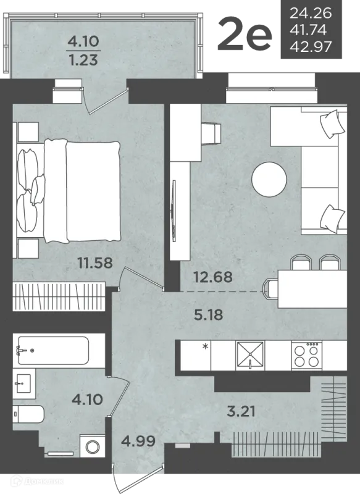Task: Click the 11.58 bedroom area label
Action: pyautogui.click(x=95, y=262)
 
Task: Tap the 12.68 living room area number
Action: pyautogui.click(x=213, y=277)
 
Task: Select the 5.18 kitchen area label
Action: pyautogui.click(x=209, y=315)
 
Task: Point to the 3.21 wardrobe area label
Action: pyautogui.click(x=241, y=411)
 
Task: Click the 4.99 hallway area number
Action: pyautogui.click(x=138, y=441)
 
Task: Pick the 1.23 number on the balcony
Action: pyautogui.click(x=83, y=60)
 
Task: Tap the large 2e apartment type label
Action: pyautogui.click(x=245, y=35)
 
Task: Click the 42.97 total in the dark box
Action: pyautogui.click(x=311, y=47)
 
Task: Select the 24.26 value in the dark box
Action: pyautogui.click(x=311, y=13)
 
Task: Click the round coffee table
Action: pyautogui.click(x=269, y=179)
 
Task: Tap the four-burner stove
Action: pyautogui.click(x=306, y=356)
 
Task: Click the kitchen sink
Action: pyautogui.click(x=250, y=356)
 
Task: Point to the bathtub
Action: pyautogui.click(x=53, y=350)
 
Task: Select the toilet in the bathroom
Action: pyautogui.click(x=28, y=414)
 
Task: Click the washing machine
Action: pyautogui.click(x=93, y=446)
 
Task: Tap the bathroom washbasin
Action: pyautogui.click(x=22, y=383)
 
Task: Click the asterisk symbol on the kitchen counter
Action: pyautogui.click(x=206, y=347)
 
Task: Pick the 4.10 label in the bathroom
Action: pyautogui.click(x=87, y=400)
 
